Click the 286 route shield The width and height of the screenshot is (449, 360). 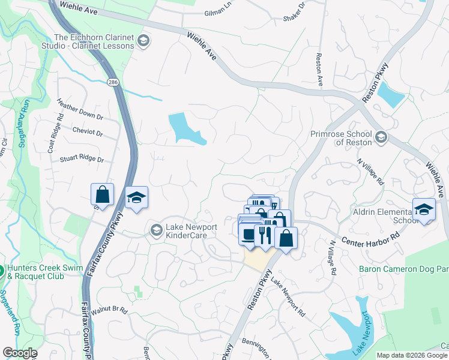coord(112,82)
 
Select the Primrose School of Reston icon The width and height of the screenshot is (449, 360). coord(381,138)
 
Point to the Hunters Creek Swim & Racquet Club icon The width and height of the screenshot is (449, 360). coord(2,271)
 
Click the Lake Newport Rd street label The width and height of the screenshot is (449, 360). coord(288,297)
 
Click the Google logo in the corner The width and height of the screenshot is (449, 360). coord(20,353)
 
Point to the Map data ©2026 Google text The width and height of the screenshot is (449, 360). coord(412,355)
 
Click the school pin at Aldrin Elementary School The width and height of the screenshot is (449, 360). coord(424,211)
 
